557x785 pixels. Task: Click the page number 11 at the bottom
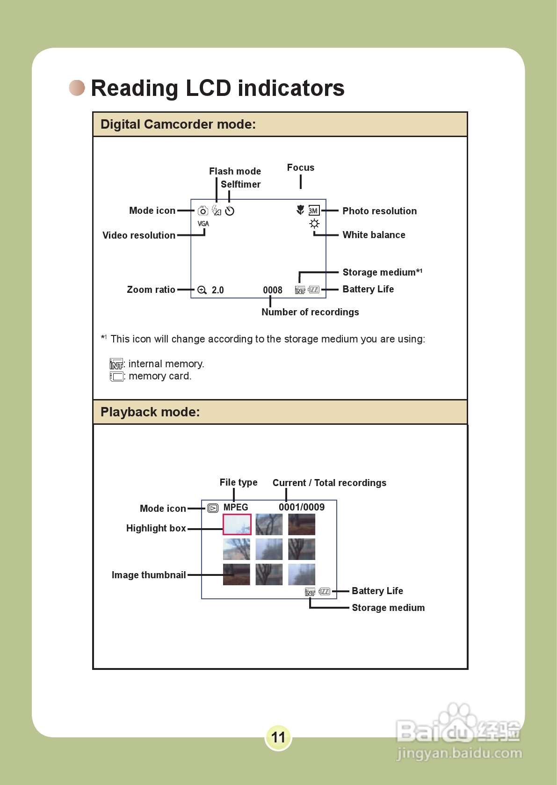pyautogui.click(x=278, y=737)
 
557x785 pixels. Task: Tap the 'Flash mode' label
pyautogui.click(x=235, y=171)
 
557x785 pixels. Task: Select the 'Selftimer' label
pyautogui.click(x=240, y=184)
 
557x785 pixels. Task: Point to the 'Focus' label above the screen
pyautogui.click(x=301, y=167)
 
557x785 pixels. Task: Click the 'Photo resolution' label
pyautogui.click(x=379, y=211)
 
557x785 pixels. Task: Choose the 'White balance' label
pyautogui.click(x=374, y=235)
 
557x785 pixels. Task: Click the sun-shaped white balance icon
pyautogui.click(x=314, y=224)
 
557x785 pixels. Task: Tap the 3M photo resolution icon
pyautogui.click(x=314, y=211)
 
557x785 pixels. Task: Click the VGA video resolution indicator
pyautogui.click(x=203, y=224)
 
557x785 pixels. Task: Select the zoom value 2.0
pyautogui.click(x=217, y=290)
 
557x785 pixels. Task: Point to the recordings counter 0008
pyautogui.click(x=273, y=290)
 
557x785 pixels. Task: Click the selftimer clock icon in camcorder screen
pyautogui.click(x=230, y=211)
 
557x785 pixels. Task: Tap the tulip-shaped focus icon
pyautogui.click(x=300, y=210)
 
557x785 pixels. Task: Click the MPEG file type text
pyautogui.click(x=236, y=508)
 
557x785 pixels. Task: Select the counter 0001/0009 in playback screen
pyautogui.click(x=302, y=507)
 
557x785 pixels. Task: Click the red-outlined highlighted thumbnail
pyautogui.click(x=237, y=524)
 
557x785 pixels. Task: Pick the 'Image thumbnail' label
pyautogui.click(x=149, y=575)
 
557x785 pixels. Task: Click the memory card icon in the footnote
pyautogui.click(x=116, y=377)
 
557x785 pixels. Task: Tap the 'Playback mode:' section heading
pyautogui.click(x=150, y=412)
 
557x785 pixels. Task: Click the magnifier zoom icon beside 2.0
pyautogui.click(x=202, y=290)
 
